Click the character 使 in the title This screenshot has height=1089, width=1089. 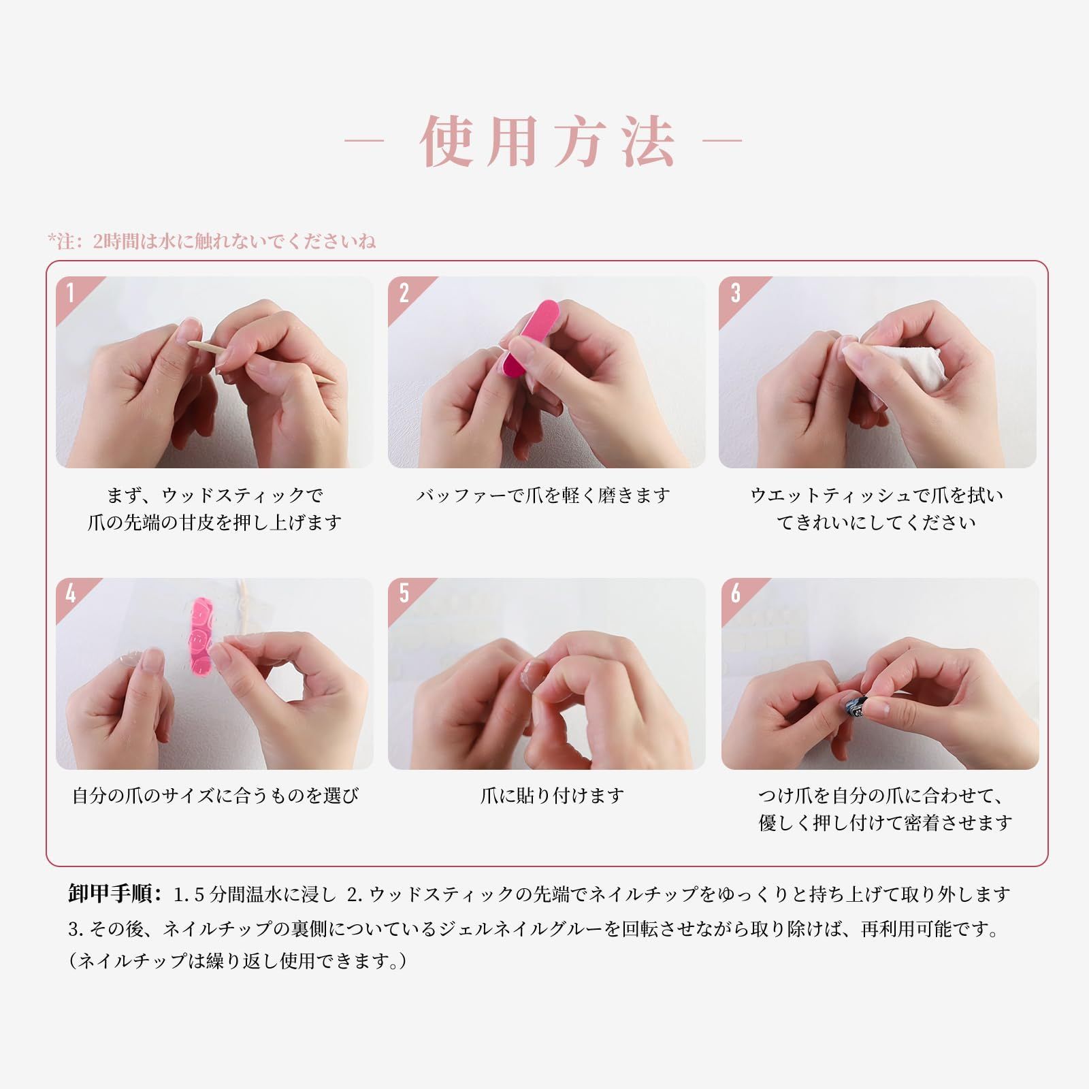coord(446,142)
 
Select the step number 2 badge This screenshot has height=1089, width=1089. coord(404,293)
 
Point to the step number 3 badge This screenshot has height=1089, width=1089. coord(735,293)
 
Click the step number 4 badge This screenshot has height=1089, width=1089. coord(71,594)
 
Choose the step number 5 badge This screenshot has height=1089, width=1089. coord(404,594)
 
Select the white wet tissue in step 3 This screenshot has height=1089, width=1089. coord(900,368)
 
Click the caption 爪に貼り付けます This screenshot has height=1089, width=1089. coord(552,795)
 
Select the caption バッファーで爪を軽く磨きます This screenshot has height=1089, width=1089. coord(543,495)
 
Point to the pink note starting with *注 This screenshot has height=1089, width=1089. coord(212,241)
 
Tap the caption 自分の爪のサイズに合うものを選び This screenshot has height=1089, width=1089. coord(215,795)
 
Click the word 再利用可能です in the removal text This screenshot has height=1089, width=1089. coord(930,928)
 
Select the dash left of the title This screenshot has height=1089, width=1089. coord(365,142)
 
